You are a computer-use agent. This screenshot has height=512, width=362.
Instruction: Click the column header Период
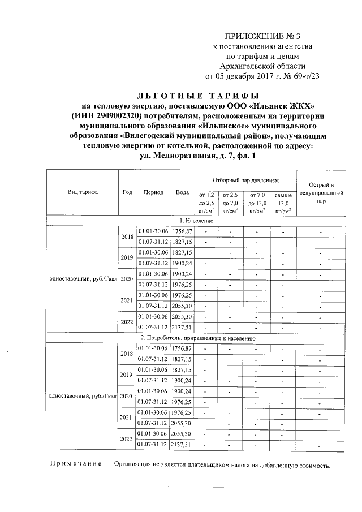(153, 192)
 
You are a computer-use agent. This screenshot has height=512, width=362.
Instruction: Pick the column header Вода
(182, 192)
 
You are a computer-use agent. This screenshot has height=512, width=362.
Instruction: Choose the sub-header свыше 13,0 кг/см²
(283, 203)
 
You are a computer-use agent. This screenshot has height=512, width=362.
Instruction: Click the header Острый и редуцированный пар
(321, 192)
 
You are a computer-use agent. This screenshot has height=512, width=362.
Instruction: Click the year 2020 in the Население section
(127, 279)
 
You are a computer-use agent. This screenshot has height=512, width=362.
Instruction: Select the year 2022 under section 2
(127, 438)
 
